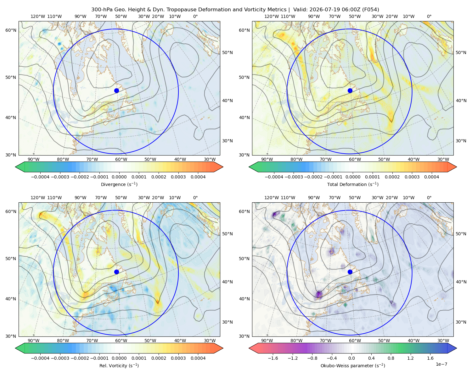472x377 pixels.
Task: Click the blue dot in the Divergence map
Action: click(x=116, y=90)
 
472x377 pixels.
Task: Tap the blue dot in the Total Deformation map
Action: click(x=350, y=90)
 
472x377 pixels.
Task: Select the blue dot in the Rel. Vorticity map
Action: click(x=116, y=272)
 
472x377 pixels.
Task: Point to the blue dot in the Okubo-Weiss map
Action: click(x=350, y=272)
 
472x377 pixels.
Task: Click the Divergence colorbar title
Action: click(x=119, y=184)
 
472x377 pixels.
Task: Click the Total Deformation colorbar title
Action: click(x=353, y=184)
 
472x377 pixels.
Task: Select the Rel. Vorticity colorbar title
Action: click(x=119, y=366)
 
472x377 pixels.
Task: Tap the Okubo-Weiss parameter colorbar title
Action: click(x=353, y=366)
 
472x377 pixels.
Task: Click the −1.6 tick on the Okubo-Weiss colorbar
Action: click(x=273, y=358)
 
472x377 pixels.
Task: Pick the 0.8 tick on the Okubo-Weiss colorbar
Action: click(x=391, y=358)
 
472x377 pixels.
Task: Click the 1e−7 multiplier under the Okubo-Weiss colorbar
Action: click(x=441, y=364)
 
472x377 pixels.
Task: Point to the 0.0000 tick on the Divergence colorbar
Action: click(x=119, y=177)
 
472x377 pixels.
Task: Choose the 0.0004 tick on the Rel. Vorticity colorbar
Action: click(x=198, y=358)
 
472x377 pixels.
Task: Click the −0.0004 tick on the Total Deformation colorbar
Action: click(x=274, y=177)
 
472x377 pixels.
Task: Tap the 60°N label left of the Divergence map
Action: click(x=11, y=30)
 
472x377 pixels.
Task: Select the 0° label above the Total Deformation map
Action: click(x=429, y=16)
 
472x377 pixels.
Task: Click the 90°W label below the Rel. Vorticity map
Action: click(x=34, y=341)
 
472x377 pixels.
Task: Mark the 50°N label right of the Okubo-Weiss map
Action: click(x=461, y=234)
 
